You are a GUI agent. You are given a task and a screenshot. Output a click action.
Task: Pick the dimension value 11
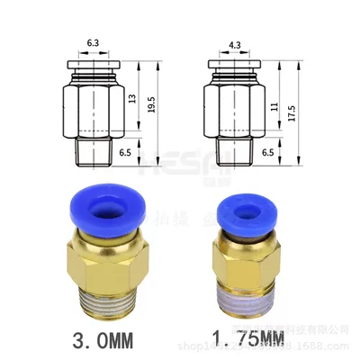(x=270, y=103)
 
